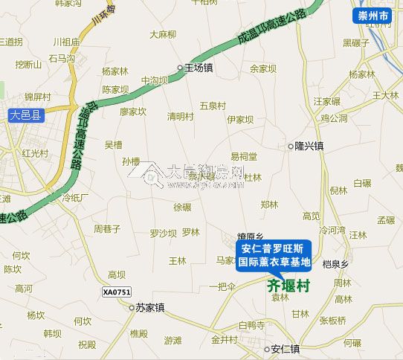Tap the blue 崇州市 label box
tap(372, 14)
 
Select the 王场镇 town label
tap(199, 68)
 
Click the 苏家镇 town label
tap(150, 306)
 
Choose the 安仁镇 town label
tap(286, 348)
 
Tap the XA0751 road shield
tap(117, 292)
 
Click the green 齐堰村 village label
tap(288, 286)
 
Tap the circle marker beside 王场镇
tap(180, 68)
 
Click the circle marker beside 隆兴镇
tap(291, 147)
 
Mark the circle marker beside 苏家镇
tap(132, 306)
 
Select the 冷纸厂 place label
tap(75, 198)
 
